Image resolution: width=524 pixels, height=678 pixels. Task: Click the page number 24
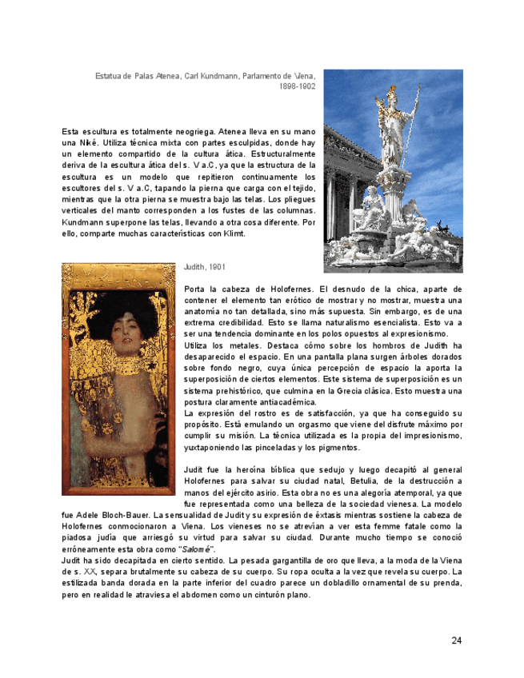pyautogui.click(x=456, y=640)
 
